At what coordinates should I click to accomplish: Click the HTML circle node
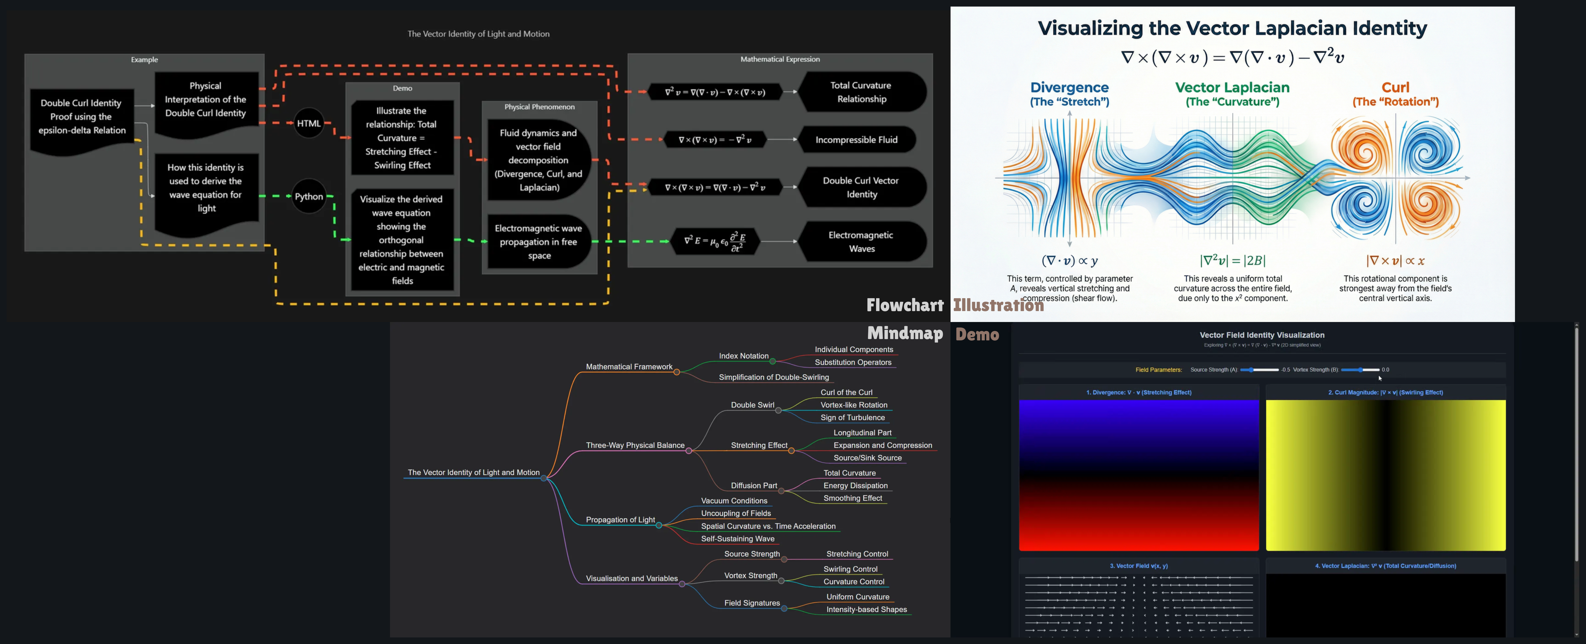point(309,123)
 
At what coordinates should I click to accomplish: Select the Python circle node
point(309,196)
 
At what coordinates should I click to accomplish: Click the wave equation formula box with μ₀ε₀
point(714,241)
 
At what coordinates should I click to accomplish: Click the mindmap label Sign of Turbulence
point(852,418)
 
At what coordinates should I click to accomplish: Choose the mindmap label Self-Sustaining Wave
point(737,539)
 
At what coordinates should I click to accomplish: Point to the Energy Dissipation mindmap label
point(855,486)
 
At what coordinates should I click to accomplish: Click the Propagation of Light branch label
point(620,520)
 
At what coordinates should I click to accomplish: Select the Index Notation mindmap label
point(744,356)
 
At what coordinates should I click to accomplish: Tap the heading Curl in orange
point(1395,87)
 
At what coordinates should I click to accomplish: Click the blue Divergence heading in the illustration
point(1069,87)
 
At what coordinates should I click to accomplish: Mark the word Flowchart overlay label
point(904,305)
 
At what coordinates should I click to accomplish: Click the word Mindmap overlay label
point(904,334)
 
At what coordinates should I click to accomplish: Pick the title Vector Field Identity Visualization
point(1262,335)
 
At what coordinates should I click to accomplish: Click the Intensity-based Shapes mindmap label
point(866,609)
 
